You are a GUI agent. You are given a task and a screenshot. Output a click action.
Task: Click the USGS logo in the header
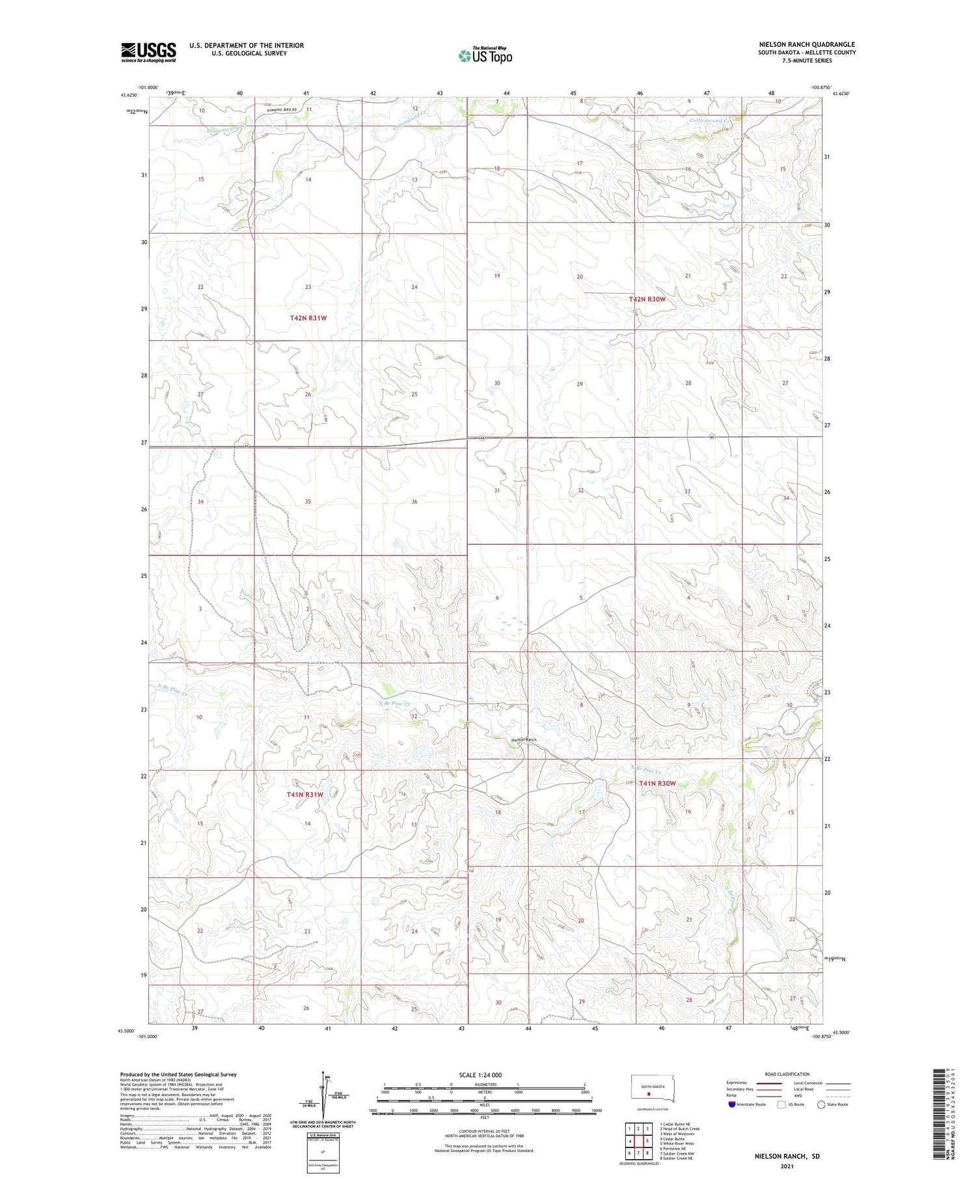pos(148,52)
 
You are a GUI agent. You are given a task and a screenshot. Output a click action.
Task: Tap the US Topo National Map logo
pos(485,55)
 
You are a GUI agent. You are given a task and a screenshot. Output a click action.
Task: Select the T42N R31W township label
pos(308,318)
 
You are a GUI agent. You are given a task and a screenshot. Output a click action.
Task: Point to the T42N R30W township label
pos(647,299)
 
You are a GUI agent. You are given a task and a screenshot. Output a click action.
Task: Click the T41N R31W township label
pos(305,795)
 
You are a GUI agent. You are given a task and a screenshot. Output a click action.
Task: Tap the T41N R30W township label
pos(657,784)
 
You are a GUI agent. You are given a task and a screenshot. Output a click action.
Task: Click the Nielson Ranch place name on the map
pos(524,740)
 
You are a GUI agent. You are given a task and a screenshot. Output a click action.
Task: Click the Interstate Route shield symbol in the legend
pos(731,1104)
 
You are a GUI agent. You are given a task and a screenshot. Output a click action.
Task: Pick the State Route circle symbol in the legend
pos(821,1104)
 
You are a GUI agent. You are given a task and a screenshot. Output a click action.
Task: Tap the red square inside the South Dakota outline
pos(648,1094)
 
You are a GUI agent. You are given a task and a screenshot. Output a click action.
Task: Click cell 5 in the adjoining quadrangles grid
pos(647,1141)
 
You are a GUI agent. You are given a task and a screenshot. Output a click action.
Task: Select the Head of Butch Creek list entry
pos(679,1129)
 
